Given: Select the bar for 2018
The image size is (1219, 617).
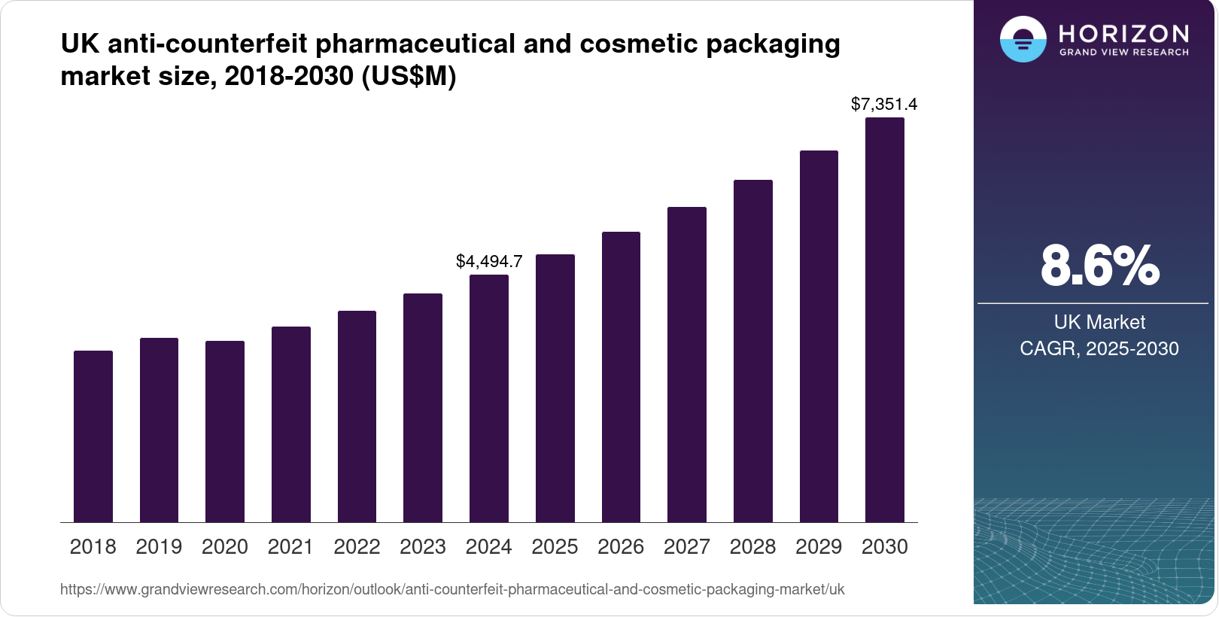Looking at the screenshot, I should (93, 436).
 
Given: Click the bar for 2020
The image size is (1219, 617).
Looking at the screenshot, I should (225, 431).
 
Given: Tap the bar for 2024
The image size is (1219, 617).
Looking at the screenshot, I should (489, 398).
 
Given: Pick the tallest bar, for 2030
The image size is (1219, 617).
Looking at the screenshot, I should (885, 320).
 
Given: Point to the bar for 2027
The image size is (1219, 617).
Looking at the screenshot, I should (687, 364).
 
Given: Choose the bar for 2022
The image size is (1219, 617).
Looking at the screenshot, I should (357, 416).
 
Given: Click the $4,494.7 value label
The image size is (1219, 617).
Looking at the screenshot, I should (489, 261).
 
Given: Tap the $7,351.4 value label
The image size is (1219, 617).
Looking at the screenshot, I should (884, 104).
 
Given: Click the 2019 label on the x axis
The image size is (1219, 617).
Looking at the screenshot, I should (159, 546).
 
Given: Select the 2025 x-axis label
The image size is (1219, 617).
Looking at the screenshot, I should (555, 546).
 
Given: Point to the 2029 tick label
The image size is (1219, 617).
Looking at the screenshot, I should (819, 546).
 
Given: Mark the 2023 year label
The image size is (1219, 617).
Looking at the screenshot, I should (423, 546).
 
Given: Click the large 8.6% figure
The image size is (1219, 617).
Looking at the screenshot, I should (1099, 266).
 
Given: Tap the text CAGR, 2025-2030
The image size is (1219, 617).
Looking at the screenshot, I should (1099, 348).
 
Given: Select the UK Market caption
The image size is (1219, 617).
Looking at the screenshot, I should (1099, 322).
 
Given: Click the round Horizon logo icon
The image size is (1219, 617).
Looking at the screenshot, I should (1023, 39).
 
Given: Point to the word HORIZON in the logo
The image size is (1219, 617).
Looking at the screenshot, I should (1124, 33).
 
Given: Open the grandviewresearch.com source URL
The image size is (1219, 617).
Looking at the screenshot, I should (452, 589).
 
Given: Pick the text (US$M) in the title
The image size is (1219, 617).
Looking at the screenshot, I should (409, 76).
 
